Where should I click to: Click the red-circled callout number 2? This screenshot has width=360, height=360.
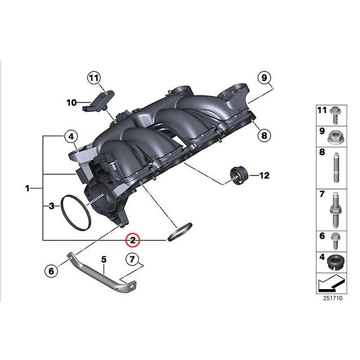coord(133,240)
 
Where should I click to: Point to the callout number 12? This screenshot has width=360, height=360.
coord(264,176)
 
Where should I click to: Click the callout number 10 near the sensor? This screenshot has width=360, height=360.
coord(71,102)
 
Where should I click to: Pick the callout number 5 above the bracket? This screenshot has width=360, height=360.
coord(103,260)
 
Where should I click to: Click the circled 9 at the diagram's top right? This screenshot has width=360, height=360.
coord(264,78)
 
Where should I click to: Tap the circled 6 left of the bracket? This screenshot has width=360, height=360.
coord(50,271)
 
